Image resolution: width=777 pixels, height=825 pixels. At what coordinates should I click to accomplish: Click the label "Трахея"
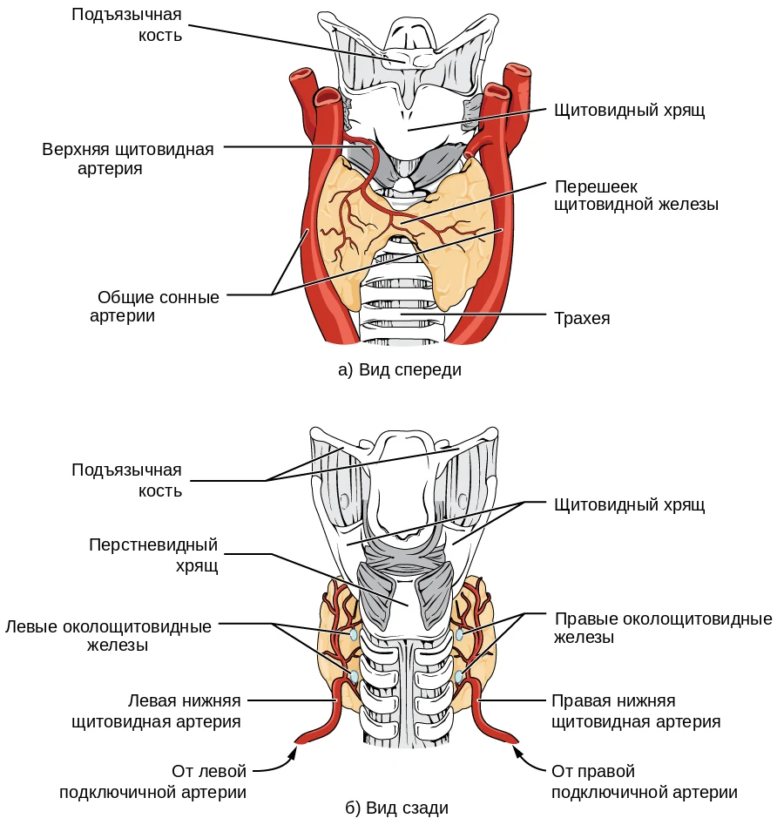pos(582,318)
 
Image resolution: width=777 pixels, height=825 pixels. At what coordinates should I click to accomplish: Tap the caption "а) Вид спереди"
pos(400,370)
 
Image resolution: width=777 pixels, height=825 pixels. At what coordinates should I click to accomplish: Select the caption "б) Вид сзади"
pos(397,808)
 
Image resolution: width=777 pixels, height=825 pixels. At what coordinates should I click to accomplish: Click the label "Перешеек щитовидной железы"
pos(637,195)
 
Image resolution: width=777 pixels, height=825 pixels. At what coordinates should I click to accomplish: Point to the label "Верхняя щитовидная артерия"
pos(128,159)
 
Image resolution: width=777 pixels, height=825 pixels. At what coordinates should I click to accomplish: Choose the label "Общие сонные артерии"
pos(155,307)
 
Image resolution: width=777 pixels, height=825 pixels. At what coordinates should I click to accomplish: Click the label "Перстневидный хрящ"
pos(153,555)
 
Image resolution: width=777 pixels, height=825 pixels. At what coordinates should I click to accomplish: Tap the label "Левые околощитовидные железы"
pos(108,636)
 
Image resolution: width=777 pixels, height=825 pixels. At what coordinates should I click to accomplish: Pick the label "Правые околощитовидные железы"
pos(663,628)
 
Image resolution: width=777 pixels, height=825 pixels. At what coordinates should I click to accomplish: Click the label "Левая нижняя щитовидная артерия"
pos(156,711)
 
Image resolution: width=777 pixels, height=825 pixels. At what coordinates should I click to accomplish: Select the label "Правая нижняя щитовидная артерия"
pos(636,711)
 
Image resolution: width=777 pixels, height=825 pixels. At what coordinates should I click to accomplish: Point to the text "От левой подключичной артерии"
pos(152,781)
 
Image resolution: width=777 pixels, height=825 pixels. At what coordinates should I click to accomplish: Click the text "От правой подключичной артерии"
pos(645,781)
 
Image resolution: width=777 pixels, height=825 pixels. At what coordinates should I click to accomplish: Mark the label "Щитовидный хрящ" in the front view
pos(629,110)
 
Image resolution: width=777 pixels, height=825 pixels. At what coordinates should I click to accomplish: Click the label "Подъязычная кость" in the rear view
pos(127,480)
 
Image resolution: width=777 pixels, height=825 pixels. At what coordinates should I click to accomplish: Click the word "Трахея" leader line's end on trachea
pos(401,314)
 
